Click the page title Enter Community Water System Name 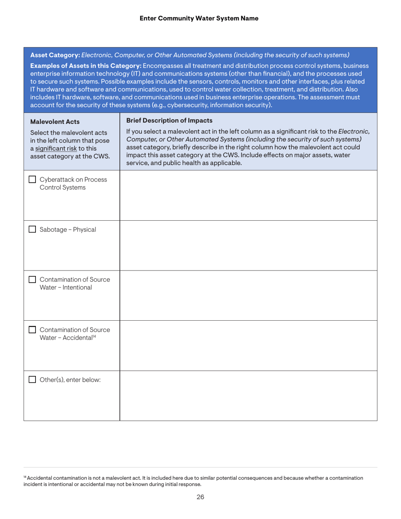pos(198,18)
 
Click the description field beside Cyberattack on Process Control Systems pos(248,195)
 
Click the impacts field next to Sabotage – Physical pos(248,246)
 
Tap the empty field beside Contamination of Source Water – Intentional pos(248,295)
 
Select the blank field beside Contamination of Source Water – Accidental pos(248,346)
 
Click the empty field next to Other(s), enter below pos(248,395)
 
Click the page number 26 pos(200,497)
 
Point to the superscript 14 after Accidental pos(91,336)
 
